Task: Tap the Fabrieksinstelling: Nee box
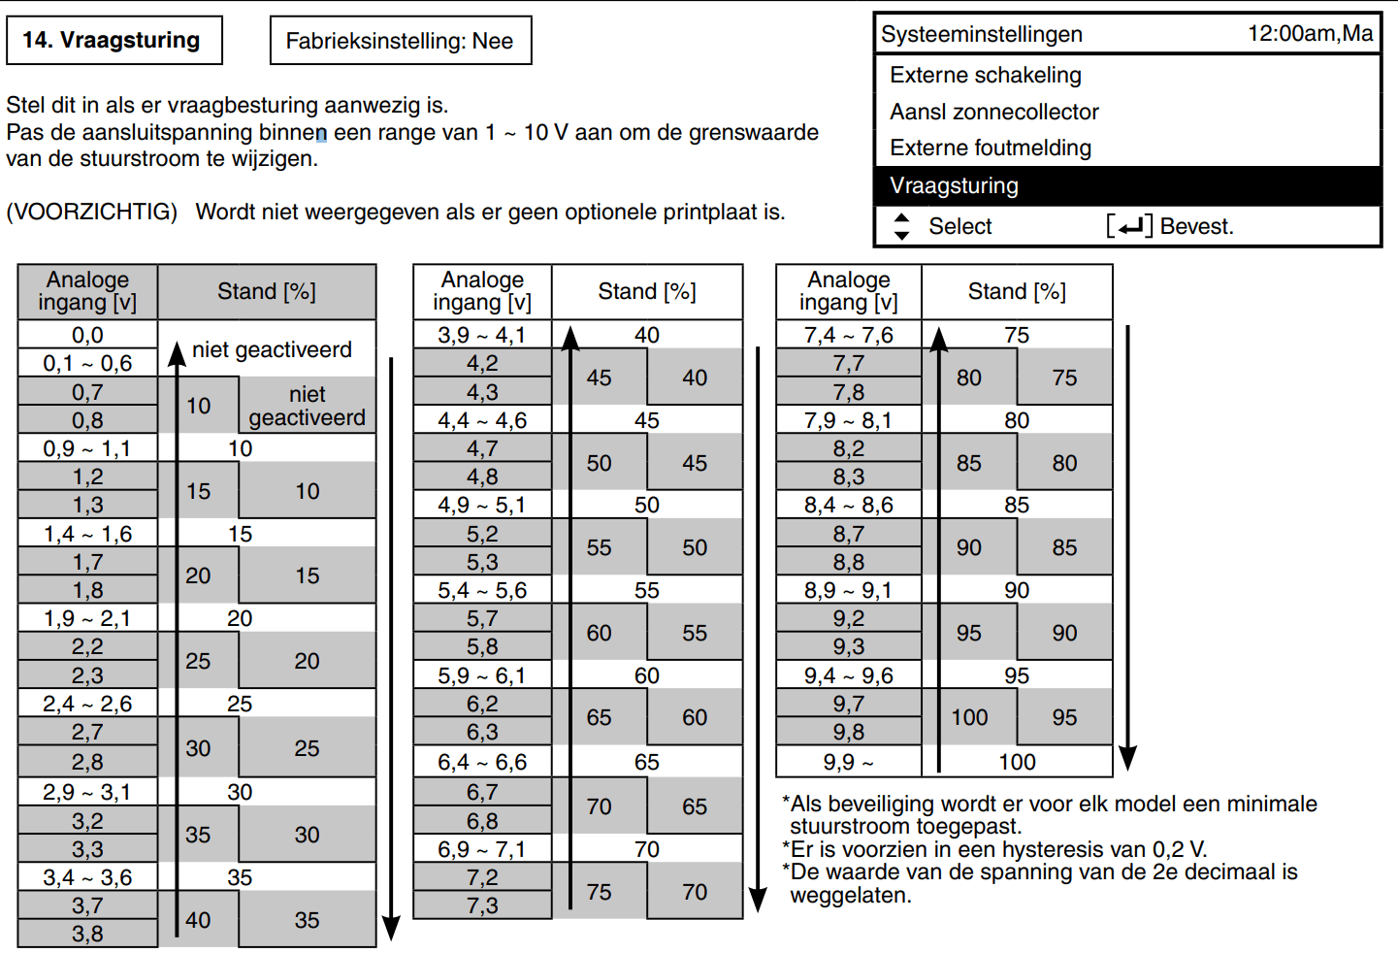tap(401, 41)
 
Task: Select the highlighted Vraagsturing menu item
tap(1127, 185)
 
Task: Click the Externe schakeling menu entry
tap(986, 75)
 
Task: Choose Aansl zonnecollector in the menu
tap(994, 112)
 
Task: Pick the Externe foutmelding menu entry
tap(991, 148)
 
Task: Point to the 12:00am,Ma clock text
tap(1310, 33)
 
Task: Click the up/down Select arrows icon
tap(901, 226)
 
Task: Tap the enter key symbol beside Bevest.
tap(1129, 226)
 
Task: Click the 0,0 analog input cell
tap(87, 336)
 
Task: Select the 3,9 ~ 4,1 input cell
tap(482, 336)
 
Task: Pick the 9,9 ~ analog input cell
tap(848, 762)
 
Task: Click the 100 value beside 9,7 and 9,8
tap(969, 717)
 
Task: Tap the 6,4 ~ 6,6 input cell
tap(482, 762)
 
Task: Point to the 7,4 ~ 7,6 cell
tap(848, 336)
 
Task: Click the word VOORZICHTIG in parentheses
tap(92, 213)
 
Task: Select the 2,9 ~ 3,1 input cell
tap(87, 792)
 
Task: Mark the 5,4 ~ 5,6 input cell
tap(482, 590)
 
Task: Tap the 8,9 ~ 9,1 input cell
tap(848, 590)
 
